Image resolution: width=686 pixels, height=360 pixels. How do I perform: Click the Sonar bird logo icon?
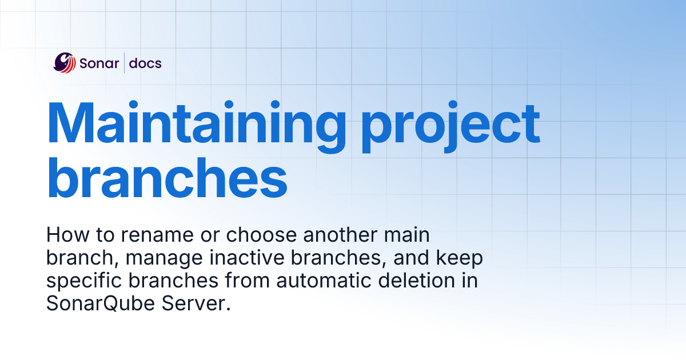[65, 63]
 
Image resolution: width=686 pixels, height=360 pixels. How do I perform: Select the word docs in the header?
[145, 63]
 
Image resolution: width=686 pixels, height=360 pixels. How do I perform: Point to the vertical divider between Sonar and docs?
[124, 63]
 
